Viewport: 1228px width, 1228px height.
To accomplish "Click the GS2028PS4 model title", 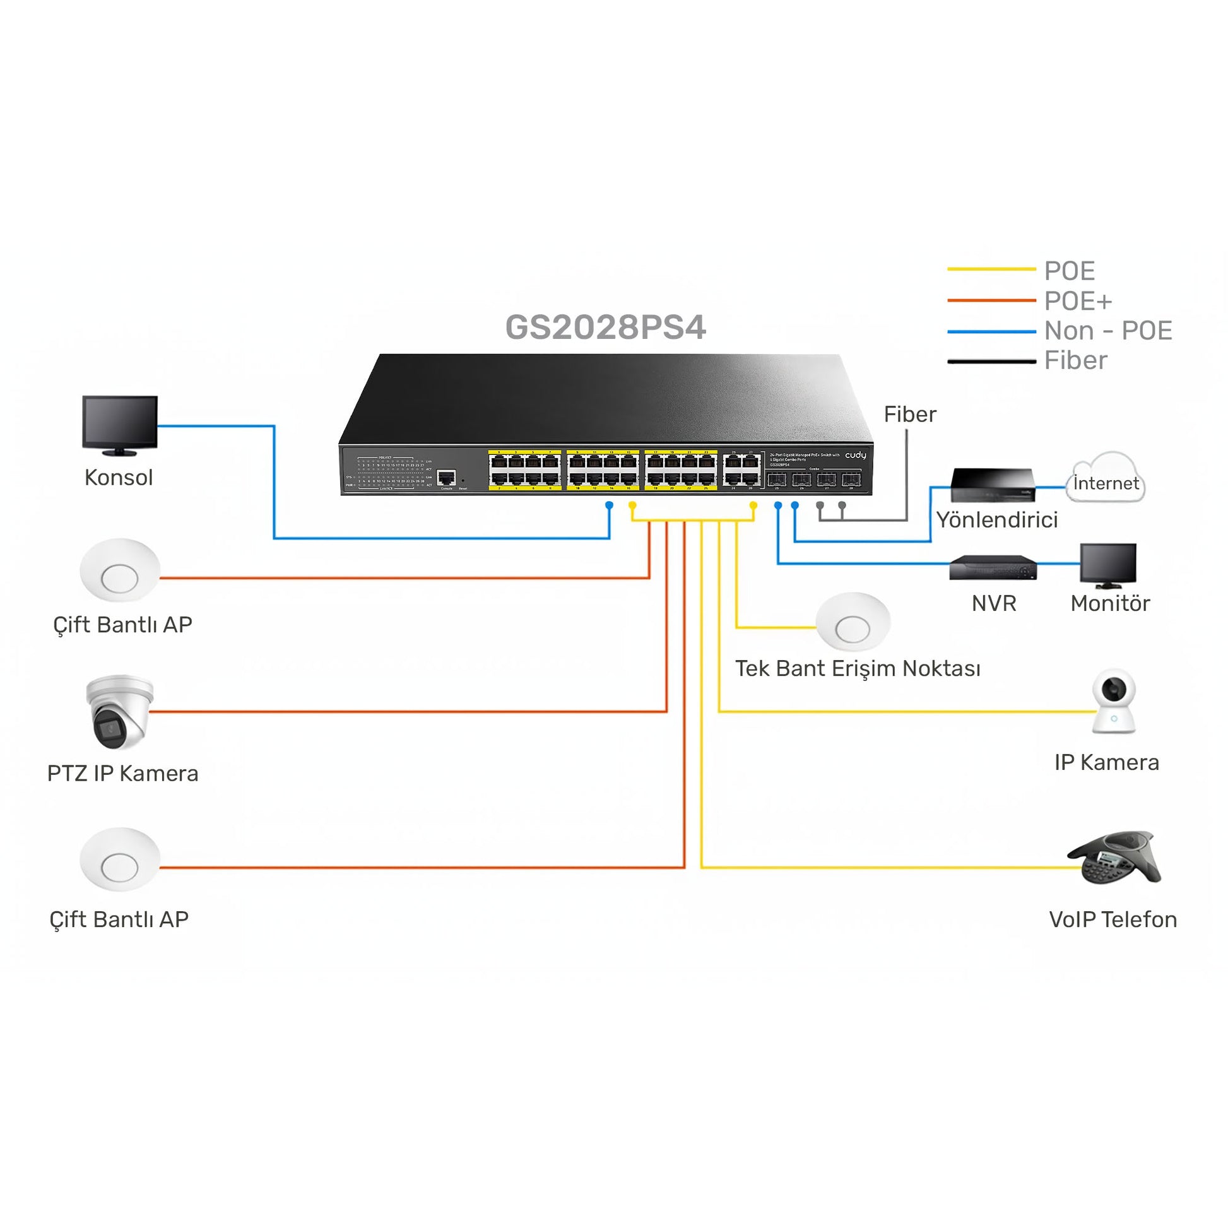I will [x=605, y=328].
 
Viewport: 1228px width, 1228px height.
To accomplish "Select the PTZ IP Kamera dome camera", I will [x=120, y=711].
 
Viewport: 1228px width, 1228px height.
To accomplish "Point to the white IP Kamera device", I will [x=1114, y=701].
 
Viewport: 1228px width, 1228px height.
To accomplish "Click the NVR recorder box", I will [x=993, y=567].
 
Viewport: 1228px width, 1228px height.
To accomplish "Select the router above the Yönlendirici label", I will [x=992, y=486].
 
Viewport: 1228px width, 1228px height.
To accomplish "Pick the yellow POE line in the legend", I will [x=991, y=269].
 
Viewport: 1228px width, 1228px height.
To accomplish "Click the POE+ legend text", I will [x=1078, y=301].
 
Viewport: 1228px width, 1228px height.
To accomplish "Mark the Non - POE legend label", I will [x=1108, y=331].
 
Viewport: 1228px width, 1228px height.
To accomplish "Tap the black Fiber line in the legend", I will [x=991, y=362].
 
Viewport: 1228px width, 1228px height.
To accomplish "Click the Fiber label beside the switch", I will [x=909, y=415].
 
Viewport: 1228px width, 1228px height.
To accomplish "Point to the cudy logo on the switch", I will [x=855, y=455].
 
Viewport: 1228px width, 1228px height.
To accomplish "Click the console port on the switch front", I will [x=447, y=477].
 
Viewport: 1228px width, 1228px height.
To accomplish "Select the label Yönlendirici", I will [x=996, y=520].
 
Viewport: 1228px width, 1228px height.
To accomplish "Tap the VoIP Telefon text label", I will [x=1113, y=919].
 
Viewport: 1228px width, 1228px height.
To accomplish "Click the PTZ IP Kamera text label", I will [x=122, y=774].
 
